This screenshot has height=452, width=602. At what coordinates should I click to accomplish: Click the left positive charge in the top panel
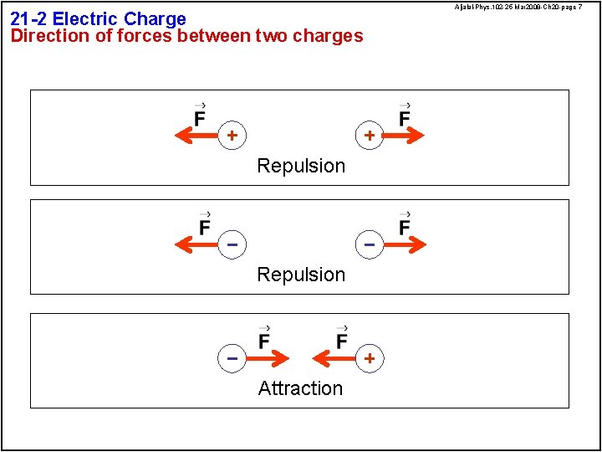click(232, 135)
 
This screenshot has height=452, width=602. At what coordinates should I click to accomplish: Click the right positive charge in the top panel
click(369, 135)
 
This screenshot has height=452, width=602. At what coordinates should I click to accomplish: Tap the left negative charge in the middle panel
click(232, 244)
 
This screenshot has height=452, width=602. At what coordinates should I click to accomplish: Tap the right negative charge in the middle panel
click(369, 244)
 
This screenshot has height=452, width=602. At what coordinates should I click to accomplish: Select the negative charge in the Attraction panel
click(232, 358)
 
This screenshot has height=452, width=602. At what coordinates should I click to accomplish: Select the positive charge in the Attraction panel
click(369, 358)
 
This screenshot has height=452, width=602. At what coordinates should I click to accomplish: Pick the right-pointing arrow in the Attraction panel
click(267, 358)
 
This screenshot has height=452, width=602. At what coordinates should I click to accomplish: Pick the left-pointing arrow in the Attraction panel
click(334, 358)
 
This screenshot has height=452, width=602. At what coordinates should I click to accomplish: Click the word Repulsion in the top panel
click(301, 166)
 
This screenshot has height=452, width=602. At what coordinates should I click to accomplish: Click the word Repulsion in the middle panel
click(301, 275)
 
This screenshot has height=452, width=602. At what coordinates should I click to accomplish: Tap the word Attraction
click(300, 388)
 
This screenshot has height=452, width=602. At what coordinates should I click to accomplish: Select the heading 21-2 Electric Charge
click(98, 18)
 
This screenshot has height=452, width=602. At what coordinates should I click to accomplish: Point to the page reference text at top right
click(518, 7)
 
